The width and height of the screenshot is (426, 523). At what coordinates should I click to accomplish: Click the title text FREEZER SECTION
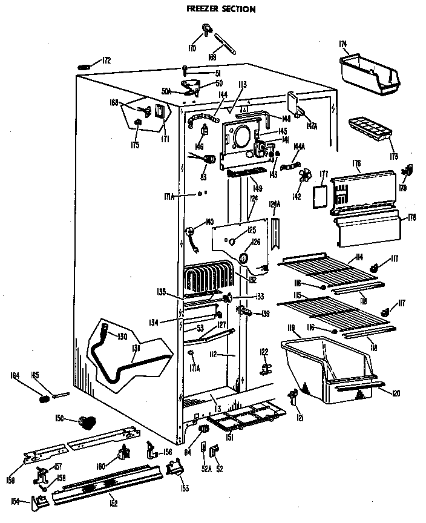click(x=212, y=9)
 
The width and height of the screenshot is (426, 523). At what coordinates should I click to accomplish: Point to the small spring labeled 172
click(x=88, y=64)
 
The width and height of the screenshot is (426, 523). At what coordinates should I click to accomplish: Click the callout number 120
click(x=396, y=394)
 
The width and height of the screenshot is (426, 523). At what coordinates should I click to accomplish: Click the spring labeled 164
click(x=44, y=398)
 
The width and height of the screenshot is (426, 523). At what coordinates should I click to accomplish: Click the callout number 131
click(x=136, y=349)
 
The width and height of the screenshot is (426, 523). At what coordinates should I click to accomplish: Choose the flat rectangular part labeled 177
click(x=319, y=196)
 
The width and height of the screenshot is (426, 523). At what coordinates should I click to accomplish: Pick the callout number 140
click(x=210, y=222)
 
